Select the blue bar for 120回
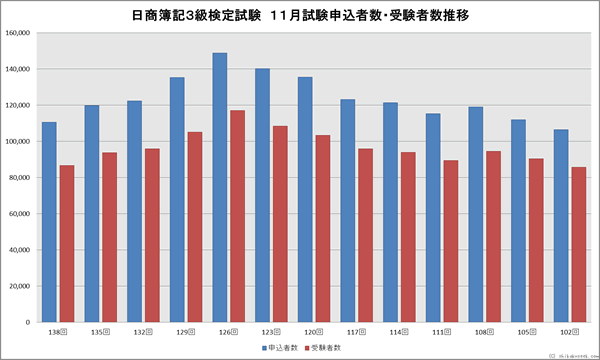pos(305,199)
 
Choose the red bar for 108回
pos(493,236)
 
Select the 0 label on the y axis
pos(30,323)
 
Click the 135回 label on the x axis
pos(101,331)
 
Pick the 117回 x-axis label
pos(357,331)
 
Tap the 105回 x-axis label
pos(527,331)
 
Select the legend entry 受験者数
pos(325,347)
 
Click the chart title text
pos(300,15)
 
